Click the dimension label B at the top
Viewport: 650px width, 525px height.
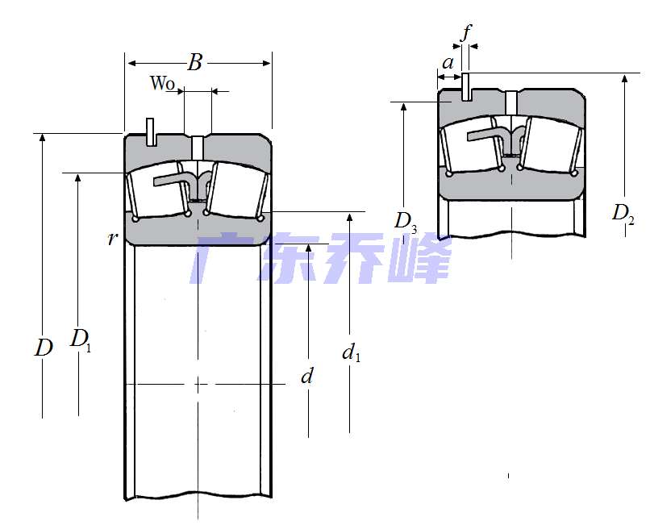pyautogui.click(x=195, y=62)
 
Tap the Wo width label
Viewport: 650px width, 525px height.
pyautogui.click(x=162, y=83)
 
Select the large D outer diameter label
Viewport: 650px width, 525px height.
pyautogui.click(x=44, y=348)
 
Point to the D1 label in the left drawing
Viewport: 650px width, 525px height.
pyautogui.click(x=81, y=340)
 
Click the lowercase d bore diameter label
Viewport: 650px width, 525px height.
pyautogui.click(x=306, y=376)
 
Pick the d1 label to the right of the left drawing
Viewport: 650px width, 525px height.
pyautogui.click(x=351, y=353)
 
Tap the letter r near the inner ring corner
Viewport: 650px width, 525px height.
pyautogui.click(x=112, y=239)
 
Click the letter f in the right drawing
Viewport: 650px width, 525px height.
pyautogui.click(x=467, y=32)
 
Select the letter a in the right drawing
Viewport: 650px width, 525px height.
pyautogui.click(x=448, y=63)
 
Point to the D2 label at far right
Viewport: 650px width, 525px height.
pyautogui.click(x=623, y=214)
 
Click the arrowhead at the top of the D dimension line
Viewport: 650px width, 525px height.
pyautogui.click(x=42, y=138)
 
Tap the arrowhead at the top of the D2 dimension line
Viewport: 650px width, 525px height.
pyautogui.click(x=625, y=78)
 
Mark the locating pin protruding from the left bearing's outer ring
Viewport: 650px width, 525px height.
pyautogui.click(x=151, y=132)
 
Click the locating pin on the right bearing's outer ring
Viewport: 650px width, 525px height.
pyautogui.click(x=466, y=86)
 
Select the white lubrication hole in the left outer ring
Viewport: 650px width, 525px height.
pyautogui.click(x=198, y=148)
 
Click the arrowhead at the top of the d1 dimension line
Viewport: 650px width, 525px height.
pyautogui.click(x=350, y=217)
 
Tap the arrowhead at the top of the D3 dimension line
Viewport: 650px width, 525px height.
pyautogui.click(x=404, y=106)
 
